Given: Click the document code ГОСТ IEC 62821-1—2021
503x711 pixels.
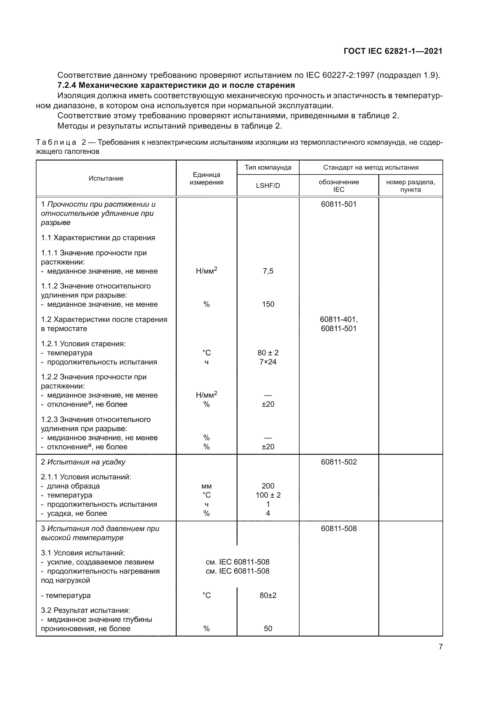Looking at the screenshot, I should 393,51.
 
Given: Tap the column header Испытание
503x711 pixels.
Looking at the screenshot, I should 106,178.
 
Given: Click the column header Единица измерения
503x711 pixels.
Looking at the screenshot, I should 206,178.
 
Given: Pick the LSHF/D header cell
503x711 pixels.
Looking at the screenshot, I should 268,185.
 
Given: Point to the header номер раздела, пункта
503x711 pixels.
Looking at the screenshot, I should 410,185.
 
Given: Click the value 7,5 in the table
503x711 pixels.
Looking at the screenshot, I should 268,271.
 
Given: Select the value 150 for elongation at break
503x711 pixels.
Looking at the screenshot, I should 268,304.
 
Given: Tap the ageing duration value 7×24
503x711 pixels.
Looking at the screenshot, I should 268,362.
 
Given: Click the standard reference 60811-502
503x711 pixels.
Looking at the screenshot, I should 338,462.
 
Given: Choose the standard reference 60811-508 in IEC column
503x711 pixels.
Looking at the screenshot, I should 338,529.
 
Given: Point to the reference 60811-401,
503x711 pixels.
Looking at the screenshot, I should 338,319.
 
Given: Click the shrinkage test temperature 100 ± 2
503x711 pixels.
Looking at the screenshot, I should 268,495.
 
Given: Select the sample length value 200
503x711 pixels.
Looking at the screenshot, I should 268,486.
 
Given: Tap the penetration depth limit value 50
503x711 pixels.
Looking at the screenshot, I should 268,629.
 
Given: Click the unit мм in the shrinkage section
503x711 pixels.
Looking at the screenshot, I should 206,486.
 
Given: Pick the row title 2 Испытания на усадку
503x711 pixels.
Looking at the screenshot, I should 83,462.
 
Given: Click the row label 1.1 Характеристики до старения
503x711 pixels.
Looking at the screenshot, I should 98,238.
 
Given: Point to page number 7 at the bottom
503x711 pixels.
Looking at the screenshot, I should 440,647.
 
